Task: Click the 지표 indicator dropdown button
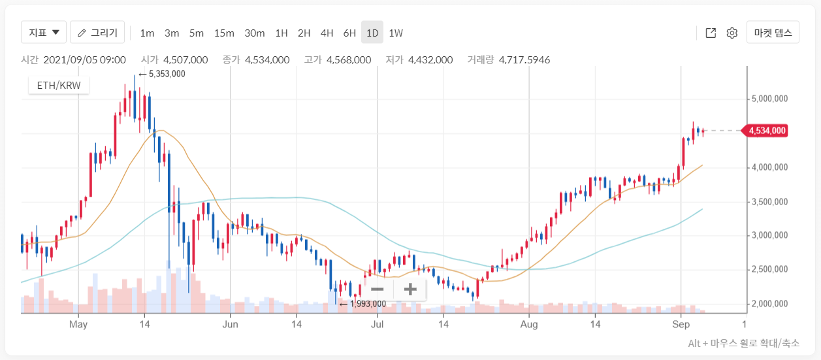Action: point(44,32)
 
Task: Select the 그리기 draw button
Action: point(97,32)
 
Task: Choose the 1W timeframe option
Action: point(396,33)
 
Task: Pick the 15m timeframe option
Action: point(224,33)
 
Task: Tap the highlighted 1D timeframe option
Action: point(372,32)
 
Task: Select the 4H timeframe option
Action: point(327,33)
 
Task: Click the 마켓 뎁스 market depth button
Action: point(773,32)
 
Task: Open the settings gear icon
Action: point(732,33)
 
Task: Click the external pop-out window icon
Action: point(711,33)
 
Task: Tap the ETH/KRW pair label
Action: point(59,86)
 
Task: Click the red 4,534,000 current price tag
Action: point(765,131)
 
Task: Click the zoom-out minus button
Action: point(377,289)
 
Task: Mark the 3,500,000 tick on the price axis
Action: point(769,202)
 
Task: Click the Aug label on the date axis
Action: point(529,325)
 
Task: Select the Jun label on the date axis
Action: point(230,325)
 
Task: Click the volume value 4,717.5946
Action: point(524,59)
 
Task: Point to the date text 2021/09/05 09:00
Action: point(85,59)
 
